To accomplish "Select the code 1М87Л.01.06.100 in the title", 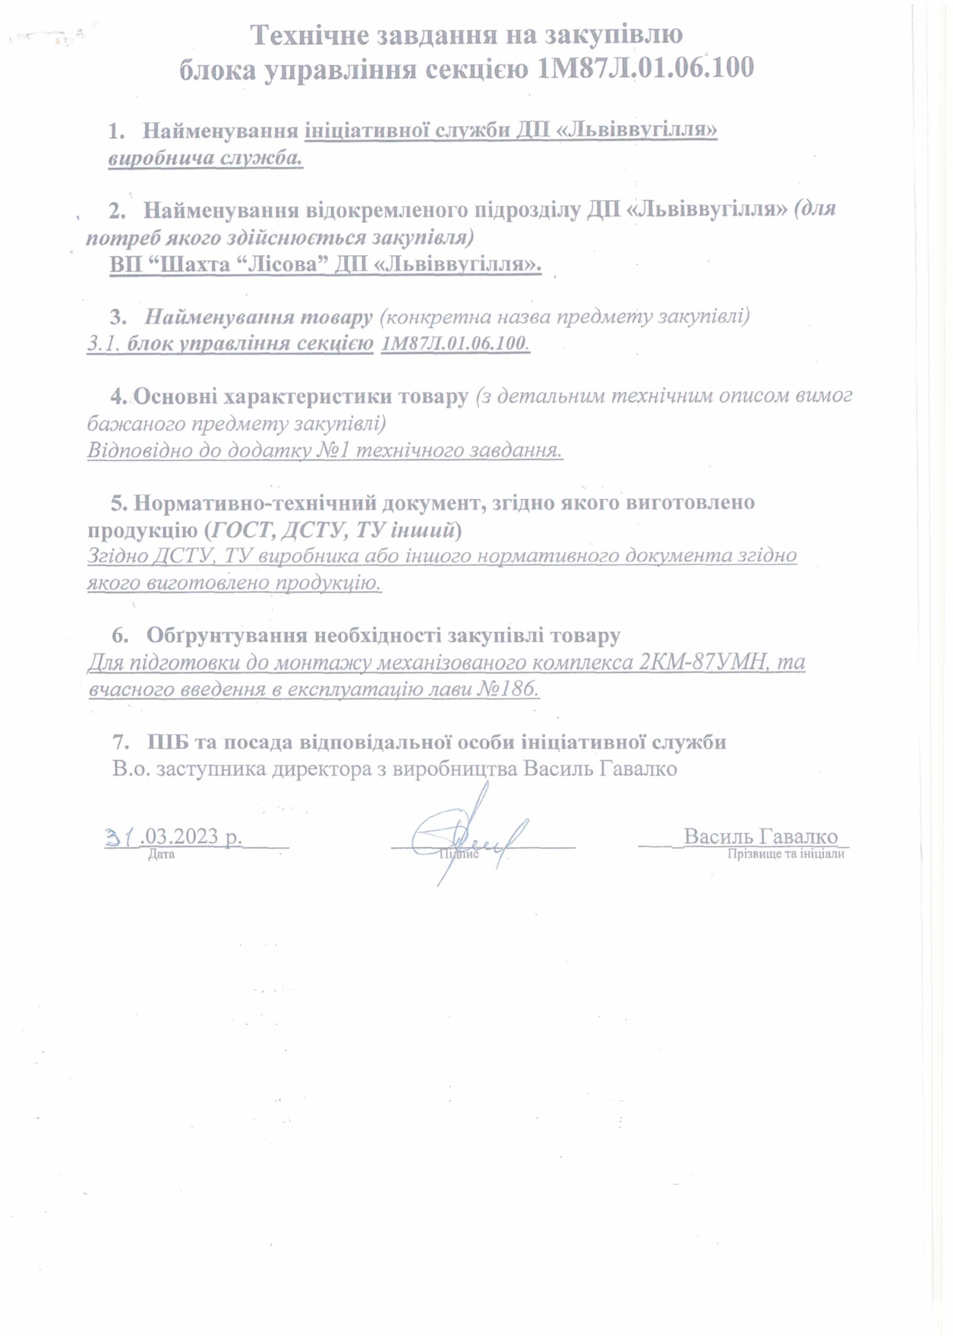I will coord(645,68).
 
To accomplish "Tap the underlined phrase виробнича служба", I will coord(205,159).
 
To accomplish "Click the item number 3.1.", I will coord(103,343).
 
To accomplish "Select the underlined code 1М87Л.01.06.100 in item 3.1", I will coord(454,343).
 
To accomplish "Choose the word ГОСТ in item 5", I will coord(241,529).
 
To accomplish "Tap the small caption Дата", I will coord(161,854).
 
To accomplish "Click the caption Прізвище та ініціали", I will coord(785,854).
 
